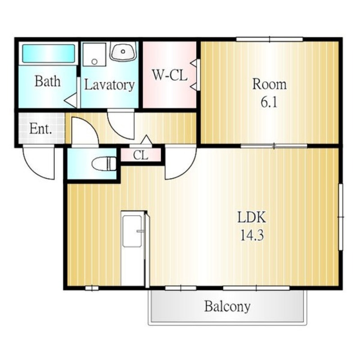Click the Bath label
[48, 81]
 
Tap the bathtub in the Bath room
[49, 54]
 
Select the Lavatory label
[109, 85]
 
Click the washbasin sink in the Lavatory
[123, 51]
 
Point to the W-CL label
[170, 75]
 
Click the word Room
[269, 84]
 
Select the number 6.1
[269, 102]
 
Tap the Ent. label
[40, 129]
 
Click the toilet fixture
[104, 164]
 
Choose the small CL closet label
[141, 155]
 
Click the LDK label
[252, 217]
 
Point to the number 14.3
[252, 235]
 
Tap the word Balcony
[227, 306]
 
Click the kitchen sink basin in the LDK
[132, 231]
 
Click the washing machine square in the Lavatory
[94, 54]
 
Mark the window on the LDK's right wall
[341, 217]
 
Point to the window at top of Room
[270, 39]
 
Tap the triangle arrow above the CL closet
[146, 140]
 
